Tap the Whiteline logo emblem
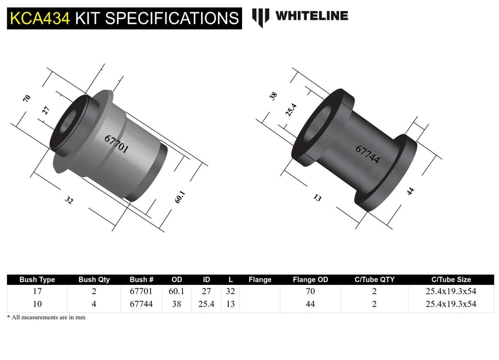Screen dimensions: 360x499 261,17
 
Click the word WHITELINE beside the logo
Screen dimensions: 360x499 311,16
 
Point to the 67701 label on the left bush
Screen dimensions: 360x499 116,145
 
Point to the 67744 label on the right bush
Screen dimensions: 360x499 367,154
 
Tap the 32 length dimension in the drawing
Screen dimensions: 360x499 69,201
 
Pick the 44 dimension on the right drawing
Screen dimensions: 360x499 410,191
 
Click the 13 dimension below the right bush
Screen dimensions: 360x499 317,197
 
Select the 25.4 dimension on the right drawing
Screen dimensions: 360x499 290,109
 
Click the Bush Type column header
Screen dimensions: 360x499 37,280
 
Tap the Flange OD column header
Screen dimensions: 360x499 310,280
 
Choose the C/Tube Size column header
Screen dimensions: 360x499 451,280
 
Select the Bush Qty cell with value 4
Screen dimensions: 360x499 94,304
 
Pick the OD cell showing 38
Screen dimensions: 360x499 176,304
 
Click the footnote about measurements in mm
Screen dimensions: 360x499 46,317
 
